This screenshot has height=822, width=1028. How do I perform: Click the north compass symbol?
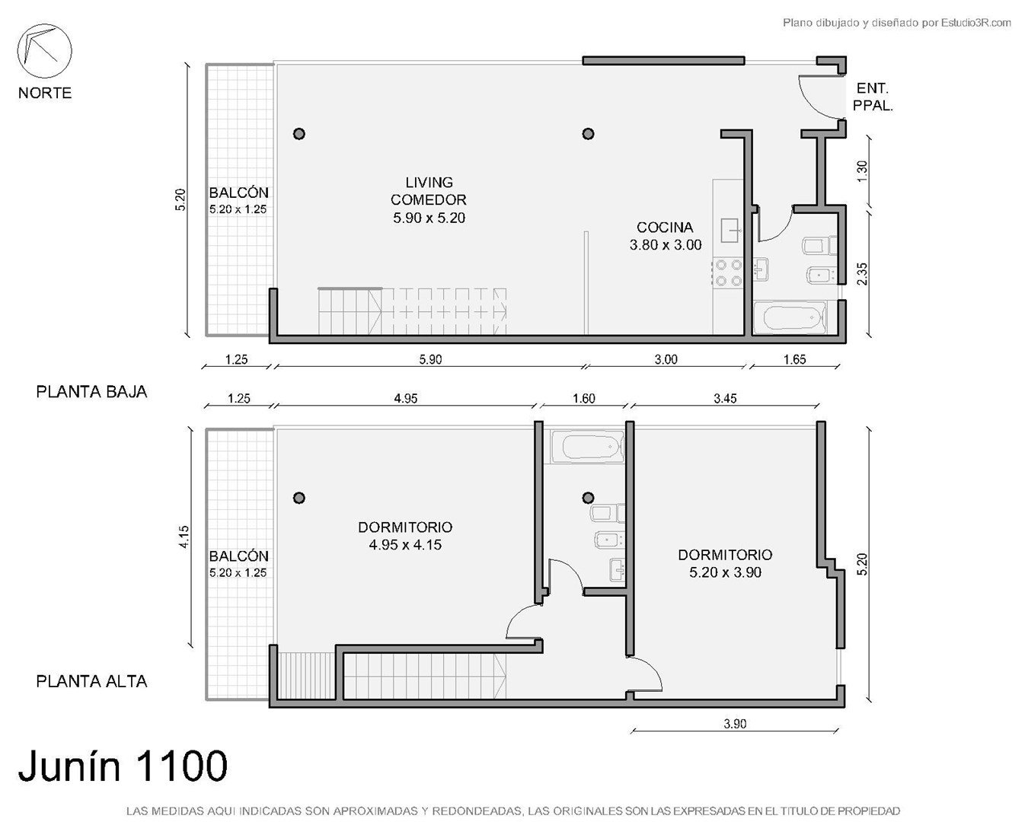pos(44,51)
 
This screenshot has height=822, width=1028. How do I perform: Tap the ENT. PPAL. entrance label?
pos(873,97)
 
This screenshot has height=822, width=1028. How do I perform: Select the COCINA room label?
pos(665,228)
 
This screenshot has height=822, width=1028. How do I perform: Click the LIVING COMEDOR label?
pos(429,191)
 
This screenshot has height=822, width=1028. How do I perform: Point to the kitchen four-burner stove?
pos(729,272)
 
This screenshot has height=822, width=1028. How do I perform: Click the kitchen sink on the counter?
pos(730,231)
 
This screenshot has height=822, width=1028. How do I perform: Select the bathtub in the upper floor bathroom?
pos(589,447)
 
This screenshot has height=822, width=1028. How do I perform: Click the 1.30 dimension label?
pos(862,171)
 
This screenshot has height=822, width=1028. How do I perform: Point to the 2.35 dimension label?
pos(862,274)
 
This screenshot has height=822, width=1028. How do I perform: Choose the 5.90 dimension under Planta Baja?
pos(430,359)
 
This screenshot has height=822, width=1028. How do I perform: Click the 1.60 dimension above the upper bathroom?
pos(584,398)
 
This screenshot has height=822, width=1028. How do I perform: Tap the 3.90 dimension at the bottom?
pos(735,724)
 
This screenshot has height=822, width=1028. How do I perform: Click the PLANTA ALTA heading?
pos(91,682)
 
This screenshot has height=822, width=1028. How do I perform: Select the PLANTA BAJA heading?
pos(91,392)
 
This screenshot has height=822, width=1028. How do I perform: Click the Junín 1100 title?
pos(123,766)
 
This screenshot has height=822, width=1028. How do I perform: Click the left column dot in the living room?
pos(299,134)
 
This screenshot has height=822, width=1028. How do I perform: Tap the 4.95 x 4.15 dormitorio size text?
pos(405,545)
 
